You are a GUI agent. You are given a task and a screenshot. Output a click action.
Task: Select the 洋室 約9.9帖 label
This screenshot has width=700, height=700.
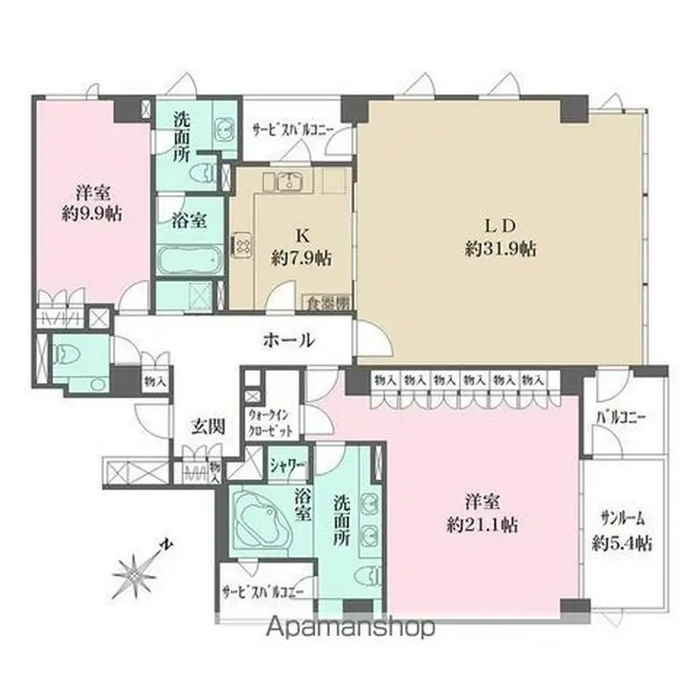click(93, 201)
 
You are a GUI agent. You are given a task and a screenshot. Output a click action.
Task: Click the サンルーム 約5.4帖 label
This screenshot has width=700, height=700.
click(625, 530)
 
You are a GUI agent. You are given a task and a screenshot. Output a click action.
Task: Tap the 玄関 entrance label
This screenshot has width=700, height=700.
click(209, 426)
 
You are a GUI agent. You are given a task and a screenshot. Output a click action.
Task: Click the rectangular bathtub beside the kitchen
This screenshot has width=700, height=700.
click(190, 258)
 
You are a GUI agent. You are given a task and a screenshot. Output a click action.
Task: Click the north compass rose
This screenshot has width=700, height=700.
click(140, 572)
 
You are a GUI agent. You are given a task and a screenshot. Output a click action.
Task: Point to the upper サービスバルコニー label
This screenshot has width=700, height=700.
click(290, 131)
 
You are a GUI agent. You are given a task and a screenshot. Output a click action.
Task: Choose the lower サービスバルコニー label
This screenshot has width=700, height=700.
click(262, 593)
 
